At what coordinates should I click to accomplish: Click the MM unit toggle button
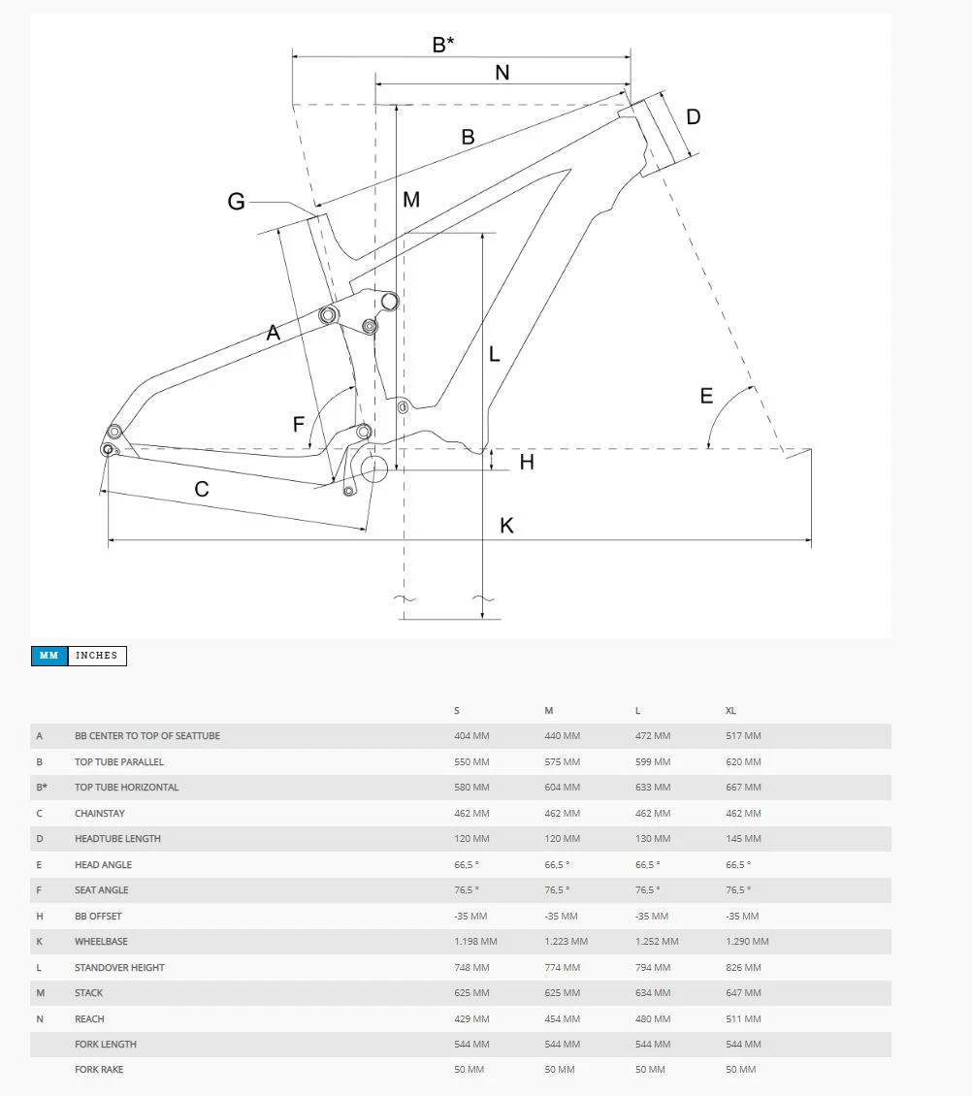click(49, 656)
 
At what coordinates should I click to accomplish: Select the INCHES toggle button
click(97, 656)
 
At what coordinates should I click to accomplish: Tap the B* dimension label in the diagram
click(442, 45)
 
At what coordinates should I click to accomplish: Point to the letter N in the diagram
click(502, 73)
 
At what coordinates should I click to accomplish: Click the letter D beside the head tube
click(693, 117)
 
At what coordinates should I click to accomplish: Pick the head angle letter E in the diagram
click(706, 396)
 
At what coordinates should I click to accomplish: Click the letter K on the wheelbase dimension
click(506, 526)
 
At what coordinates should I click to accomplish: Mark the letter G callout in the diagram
click(236, 202)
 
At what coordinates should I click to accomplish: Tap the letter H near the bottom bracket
click(527, 463)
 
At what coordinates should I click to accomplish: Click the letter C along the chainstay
click(202, 489)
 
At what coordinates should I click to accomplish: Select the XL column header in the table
click(730, 711)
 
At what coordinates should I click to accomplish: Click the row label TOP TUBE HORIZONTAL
click(126, 788)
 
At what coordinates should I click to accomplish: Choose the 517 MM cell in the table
click(743, 736)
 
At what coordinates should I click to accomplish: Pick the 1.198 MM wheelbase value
click(475, 942)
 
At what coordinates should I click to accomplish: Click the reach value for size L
click(652, 1019)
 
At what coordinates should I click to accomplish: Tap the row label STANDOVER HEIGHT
click(119, 968)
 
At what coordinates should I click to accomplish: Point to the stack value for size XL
click(743, 993)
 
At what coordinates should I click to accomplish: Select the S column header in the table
click(457, 711)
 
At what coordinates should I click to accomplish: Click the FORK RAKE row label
click(99, 1070)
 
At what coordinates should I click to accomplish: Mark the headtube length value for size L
click(652, 839)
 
